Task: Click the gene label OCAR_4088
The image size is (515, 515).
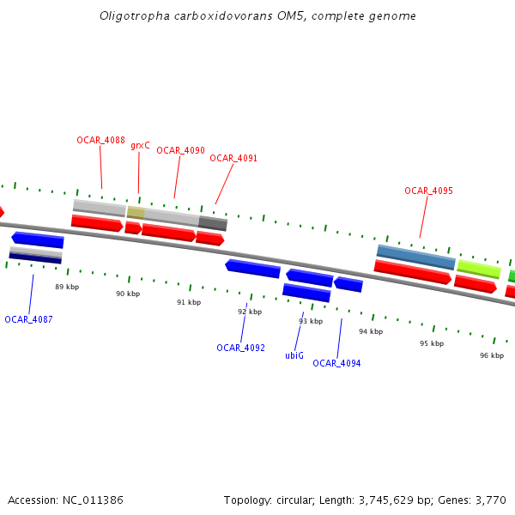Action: click(100, 140)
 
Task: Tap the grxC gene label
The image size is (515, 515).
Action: click(140, 146)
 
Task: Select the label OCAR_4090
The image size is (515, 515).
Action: click(180, 150)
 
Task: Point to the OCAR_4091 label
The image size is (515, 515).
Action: click(233, 158)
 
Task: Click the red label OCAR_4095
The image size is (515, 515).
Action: click(428, 191)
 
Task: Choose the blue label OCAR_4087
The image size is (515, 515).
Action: click(28, 319)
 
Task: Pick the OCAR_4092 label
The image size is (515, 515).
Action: click(240, 348)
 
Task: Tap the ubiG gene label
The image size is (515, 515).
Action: click(294, 355)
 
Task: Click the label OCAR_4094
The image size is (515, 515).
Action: click(336, 363)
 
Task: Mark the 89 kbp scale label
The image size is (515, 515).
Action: click(67, 287)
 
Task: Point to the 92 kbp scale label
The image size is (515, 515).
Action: click(250, 312)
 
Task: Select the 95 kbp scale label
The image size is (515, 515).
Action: click(432, 343)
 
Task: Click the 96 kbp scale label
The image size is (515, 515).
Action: click(492, 355)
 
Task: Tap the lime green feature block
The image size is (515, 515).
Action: click(479, 269)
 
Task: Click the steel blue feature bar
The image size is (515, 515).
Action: click(416, 257)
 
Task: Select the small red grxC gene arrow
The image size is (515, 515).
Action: click(133, 228)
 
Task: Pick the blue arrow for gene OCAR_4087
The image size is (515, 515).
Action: click(37, 239)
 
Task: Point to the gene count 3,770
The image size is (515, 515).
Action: click(490, 500)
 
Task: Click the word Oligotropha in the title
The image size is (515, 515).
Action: click(128, 15)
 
